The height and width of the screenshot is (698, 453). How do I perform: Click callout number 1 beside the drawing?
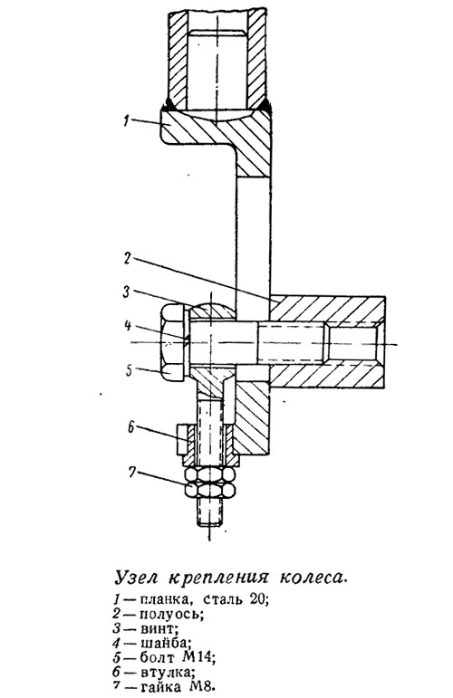tap(126, 120)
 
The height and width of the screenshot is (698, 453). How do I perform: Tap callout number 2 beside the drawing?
tap(128, 259)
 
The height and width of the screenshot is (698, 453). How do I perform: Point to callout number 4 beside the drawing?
tap(128, 326)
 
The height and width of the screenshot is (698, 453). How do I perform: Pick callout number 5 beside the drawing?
tap(129, 370)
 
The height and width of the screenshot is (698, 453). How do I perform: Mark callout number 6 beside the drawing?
tap(130, 427)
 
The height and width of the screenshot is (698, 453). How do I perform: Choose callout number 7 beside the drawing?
tap(132, 473)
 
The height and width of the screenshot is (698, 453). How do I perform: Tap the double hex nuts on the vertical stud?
tap(210, 483)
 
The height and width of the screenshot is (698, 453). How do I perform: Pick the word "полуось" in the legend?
tap(170, 615)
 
